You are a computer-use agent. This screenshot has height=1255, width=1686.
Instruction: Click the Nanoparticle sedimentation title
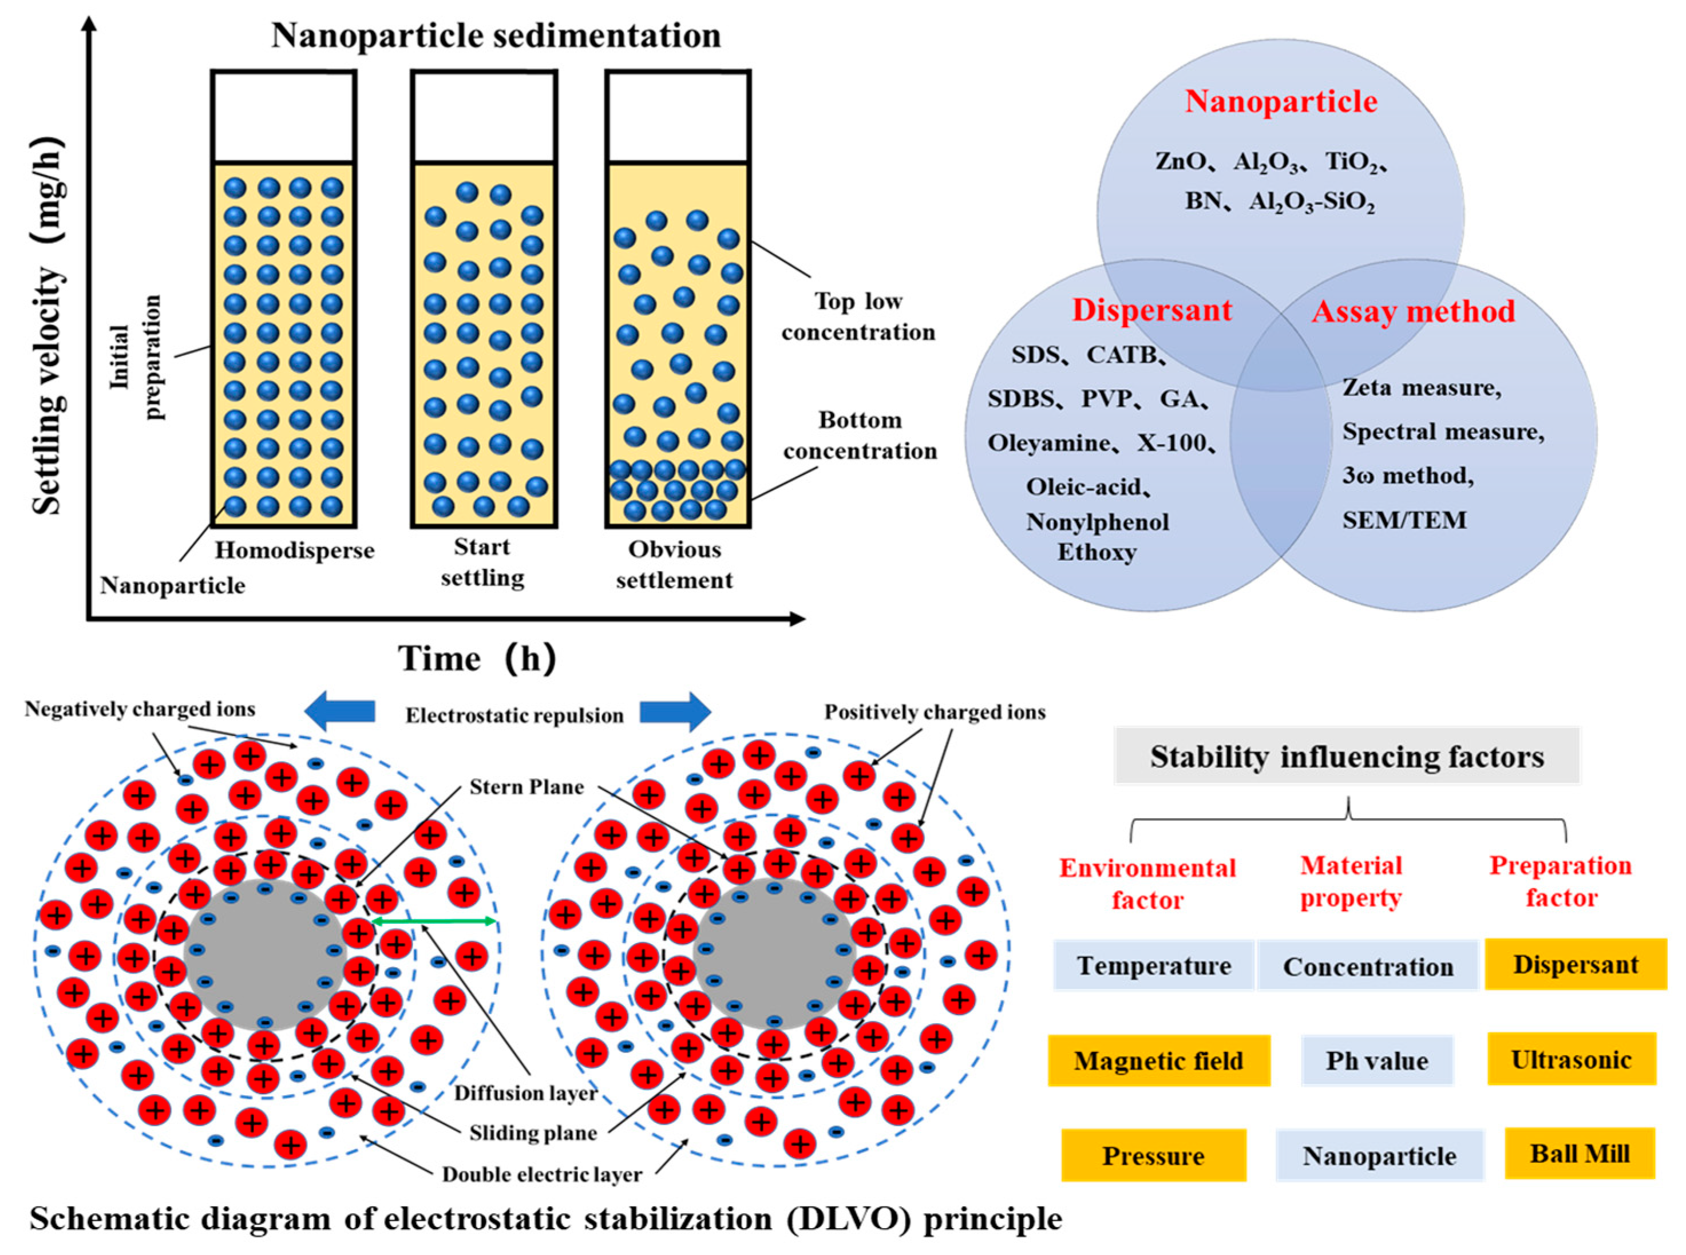click(x=496, y=35)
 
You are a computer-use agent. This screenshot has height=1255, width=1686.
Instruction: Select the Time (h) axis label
click(x=477, y=658)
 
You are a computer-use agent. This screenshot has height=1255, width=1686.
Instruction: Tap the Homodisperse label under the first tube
click(x=294, y=550)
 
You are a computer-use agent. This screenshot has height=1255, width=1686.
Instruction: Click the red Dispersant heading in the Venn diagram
click(x=1151, y=310)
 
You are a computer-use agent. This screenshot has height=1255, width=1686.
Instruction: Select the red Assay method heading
click(x=1412, y=311)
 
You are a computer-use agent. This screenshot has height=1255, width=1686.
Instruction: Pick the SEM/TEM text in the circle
click(x=1403, y=520)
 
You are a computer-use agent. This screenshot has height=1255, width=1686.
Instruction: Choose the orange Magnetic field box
click(x=1158, y=1060)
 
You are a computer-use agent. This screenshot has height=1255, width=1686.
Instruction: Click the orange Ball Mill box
click(x=1579, y=1153)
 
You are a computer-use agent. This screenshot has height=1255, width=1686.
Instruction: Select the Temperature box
click(x=1153, y=965)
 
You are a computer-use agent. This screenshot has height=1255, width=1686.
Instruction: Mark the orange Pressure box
click(x=1153, y=1155)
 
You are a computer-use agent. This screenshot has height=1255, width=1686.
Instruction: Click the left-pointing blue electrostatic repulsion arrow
click(x=339, y=711)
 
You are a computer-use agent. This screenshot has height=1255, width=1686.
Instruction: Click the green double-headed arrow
click(x=434, y=921)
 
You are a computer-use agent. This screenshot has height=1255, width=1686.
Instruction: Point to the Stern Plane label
click(x=526, y=786)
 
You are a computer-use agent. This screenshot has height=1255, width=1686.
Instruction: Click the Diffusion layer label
click(x=525, y=1093)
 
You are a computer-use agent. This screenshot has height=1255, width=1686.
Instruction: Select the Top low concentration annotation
click(x=858, y=317)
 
